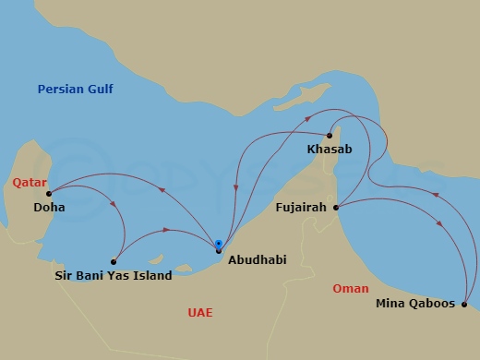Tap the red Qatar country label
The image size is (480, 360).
[30, 183]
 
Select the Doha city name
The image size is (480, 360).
[48, 208]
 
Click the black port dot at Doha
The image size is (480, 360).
[49, 194]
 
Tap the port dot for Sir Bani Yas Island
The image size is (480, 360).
[114, 261]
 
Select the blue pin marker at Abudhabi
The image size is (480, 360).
[218, 246]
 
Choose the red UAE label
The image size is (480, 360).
[199, 313]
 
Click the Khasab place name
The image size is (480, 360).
[330, 149]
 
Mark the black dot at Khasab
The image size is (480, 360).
[330, 136]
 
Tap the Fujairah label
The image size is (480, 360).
[301, 208]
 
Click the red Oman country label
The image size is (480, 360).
[350, 289]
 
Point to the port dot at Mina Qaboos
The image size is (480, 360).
[463, 304]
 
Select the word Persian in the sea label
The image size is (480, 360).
[58, 90]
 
